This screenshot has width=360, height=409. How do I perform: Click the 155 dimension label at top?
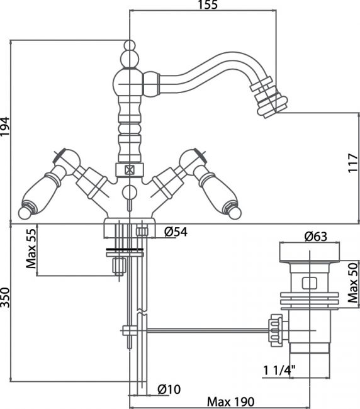[x=208, y=5]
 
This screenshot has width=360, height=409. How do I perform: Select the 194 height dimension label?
[x=5, y=126]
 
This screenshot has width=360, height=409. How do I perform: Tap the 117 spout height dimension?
[x=354, y=163]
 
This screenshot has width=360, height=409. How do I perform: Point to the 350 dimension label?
[x=5, y=298]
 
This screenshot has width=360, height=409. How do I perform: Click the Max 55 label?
[x=31, y=249]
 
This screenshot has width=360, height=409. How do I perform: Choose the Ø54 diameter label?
[x=176, y=232]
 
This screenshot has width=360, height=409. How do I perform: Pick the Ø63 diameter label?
[x=316, y=237]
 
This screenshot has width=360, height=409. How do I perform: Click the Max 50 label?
[x=354, y=283]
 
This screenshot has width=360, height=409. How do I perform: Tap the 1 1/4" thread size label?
[x=279, y=371]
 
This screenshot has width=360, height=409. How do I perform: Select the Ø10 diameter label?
[x=169, y=389]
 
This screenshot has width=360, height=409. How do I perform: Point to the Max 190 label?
[x=230, y=401]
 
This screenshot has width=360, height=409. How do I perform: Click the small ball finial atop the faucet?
[x=130, y=45]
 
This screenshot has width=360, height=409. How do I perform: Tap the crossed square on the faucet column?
[x=130, y=171]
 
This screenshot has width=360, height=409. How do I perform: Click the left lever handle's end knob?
[x=25, y=212]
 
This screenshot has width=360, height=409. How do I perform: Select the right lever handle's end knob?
[x=235, y=213]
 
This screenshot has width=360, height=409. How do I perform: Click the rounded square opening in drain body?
[x=310, y=283]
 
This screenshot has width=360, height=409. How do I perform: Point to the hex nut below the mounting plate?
[x=119, y=266]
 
